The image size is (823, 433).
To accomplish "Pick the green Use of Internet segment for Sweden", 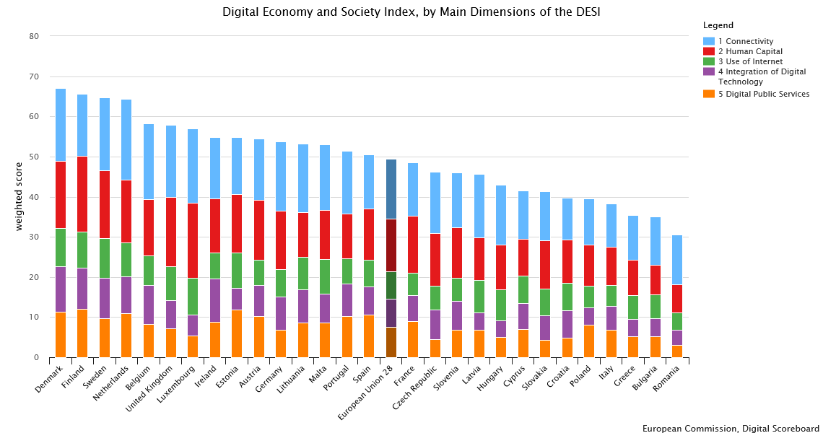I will click(x=105, y=258).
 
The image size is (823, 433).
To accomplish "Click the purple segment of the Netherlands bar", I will click(x=126, y=294).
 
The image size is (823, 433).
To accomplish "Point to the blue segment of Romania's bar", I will click(x=676, y=260).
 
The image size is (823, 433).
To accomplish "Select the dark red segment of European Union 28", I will click(x=391, y=245).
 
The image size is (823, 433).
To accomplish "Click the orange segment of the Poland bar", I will click(x=589, y=341).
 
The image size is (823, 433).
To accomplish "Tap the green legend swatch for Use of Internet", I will click(x=709, y=61).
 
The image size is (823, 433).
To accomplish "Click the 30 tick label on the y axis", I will click(x=35, y=237).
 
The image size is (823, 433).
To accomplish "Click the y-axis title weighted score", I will click(x=19, y=196).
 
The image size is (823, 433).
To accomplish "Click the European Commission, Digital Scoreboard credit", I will click(x=731, y=428).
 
